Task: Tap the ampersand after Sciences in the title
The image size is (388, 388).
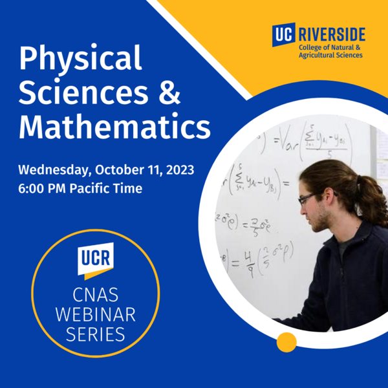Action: tap(169, 94)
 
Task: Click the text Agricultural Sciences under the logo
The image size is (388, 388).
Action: tap(330, 56)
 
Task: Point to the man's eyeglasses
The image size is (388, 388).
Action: tap(309, 197)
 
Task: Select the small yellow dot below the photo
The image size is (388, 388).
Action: tap(286, 341)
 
